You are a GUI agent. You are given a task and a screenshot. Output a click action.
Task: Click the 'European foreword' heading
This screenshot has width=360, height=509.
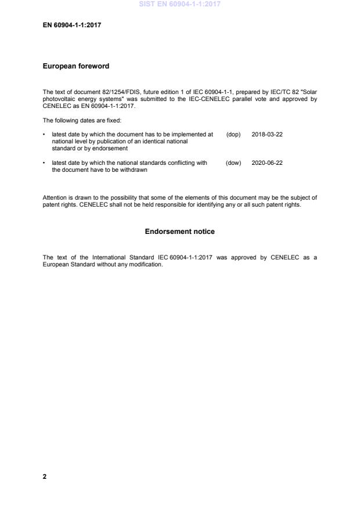(x=76, y=66)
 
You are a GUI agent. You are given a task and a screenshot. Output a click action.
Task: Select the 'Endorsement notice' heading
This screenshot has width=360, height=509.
(x=179, y=232)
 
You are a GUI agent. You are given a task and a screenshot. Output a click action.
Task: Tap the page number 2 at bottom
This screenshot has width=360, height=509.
(x=45, y=476)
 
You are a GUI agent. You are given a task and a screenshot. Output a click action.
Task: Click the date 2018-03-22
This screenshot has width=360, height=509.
(x=267, y=134)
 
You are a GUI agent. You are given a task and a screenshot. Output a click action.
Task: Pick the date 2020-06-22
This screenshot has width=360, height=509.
(x=267, y=163)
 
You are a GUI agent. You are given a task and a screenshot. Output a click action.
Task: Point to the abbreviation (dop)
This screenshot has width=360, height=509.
(x=233, y=134)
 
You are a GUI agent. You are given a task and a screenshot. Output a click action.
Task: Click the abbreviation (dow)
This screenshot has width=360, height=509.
(x=233, y=163)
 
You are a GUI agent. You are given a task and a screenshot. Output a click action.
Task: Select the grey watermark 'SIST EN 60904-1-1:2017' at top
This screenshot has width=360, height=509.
(x=179, y=5)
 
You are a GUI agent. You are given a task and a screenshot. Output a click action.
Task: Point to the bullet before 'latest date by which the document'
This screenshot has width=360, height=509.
(x=45, y=134)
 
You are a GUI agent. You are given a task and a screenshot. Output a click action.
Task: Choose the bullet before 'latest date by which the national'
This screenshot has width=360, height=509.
(x=45, y=163)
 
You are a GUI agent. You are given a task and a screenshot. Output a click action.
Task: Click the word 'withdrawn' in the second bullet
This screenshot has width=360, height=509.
(x=134, y=169)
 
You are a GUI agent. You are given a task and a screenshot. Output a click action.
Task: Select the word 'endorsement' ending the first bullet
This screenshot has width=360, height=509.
(x=110, y=148)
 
